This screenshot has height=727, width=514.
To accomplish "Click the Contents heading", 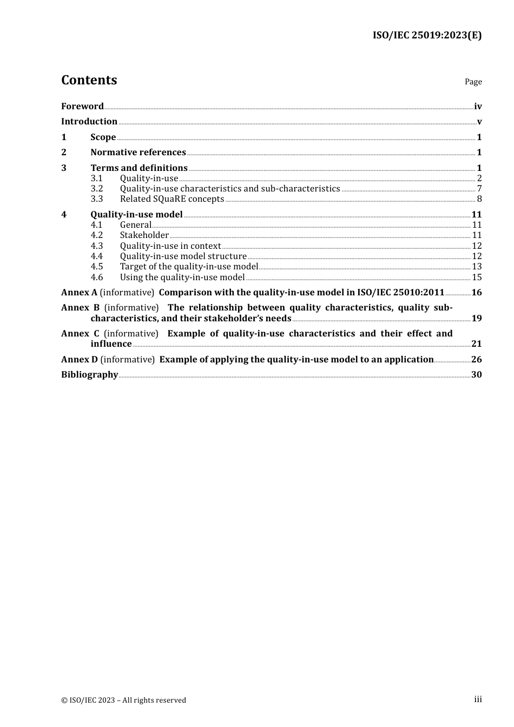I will [x=89, y=80].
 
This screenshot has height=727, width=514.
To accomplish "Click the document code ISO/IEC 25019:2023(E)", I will [x=427, y=35].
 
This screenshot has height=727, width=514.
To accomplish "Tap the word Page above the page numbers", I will [x=473, y=82].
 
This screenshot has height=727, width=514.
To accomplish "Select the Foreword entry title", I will [x=82, y=106].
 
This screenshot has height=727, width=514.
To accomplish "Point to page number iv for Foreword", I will [x=478, y=106].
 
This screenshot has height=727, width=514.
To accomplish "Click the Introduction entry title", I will [x=89, y=121].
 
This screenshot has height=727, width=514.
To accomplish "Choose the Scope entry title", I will [x=103, y=137].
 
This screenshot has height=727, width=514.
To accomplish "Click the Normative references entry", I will [x=138, y=152].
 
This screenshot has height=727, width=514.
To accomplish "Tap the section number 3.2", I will [x=97, y=188].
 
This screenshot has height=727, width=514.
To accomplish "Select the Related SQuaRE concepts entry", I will [x=172, y=199].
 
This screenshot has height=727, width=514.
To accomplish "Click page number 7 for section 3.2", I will [x=479, y=188].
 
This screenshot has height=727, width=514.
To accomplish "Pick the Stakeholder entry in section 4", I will [x=144, y=235].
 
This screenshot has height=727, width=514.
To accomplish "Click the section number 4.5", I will [x=97, y=266].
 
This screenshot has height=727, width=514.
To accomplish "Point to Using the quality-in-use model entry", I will [x=182, y=277].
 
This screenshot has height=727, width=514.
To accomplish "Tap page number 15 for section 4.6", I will [x=477, y=277].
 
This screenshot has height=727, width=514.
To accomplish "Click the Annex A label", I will [x=79, y=292].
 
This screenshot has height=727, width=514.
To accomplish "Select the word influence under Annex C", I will [x=111, y=343].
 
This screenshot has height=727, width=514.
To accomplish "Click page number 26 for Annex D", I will [x=477, y=359].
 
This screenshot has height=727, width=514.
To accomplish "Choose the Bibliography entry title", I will [x=89, y=374].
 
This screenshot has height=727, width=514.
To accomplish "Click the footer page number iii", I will [x=478, y=699].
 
